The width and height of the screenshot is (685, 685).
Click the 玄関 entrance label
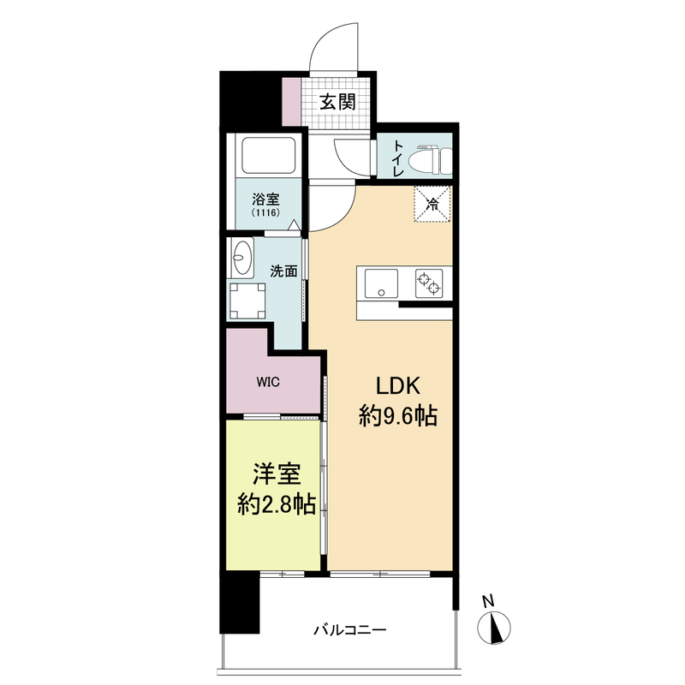click(338, 103)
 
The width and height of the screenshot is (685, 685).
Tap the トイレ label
click(398, 159)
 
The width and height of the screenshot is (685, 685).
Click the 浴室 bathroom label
click(265, 198)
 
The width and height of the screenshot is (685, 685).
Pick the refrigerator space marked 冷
click(432, 204)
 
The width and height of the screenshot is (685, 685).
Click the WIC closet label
click(267, 382)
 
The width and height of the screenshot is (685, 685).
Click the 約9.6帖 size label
click(398, 417)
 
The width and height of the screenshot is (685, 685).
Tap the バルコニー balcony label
click(348, 630)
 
